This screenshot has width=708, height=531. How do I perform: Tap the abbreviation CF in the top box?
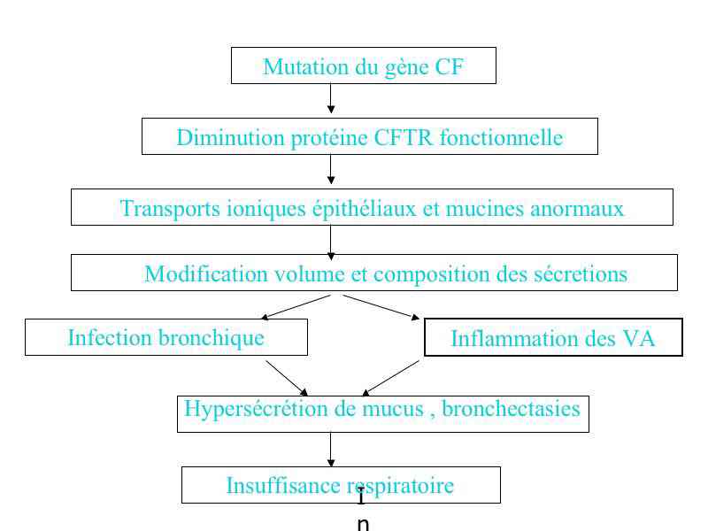449,67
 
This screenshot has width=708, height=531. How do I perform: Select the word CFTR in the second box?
404,137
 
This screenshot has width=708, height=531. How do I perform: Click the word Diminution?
230,138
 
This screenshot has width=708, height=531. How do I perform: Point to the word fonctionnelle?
501,137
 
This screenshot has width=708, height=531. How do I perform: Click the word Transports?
170,209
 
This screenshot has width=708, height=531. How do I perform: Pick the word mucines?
484,209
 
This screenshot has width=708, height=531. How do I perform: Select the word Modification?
206,273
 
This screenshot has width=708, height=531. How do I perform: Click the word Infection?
110,338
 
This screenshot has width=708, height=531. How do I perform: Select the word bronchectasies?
511,409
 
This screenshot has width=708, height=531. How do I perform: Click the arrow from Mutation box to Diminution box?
331,98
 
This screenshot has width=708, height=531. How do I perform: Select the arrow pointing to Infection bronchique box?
296,307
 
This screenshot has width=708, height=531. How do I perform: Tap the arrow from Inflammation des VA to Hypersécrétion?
390,378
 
